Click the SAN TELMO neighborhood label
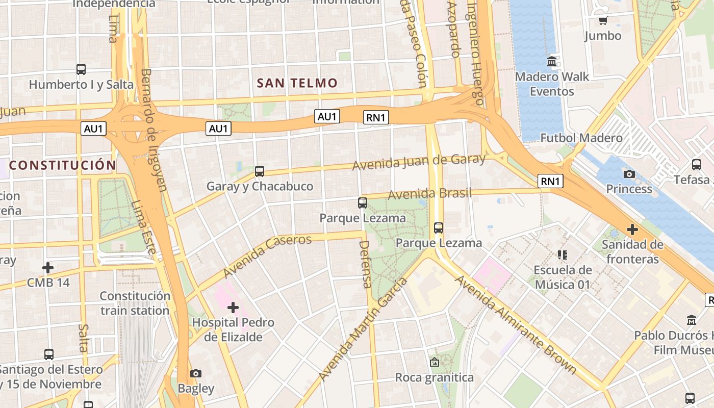pos(297,83)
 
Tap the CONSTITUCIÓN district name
pos(63,165)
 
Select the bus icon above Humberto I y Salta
pos(81,69)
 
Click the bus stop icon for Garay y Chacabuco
pos(260,171)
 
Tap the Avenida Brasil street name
pos(429,194)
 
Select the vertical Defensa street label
pos(365,264)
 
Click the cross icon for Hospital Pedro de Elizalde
pos(233,308)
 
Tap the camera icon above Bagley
pos(196,373)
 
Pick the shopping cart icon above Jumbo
pos(603,21)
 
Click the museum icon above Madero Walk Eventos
pos(552,62)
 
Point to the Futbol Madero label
pos(581,138)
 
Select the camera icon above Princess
pos(629,174)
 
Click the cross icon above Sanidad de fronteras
pos(632,229)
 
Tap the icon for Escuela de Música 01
pos(563,254)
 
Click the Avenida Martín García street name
pos(363,330)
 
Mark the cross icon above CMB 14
pos(48,267)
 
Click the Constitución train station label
pos(135,303)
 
